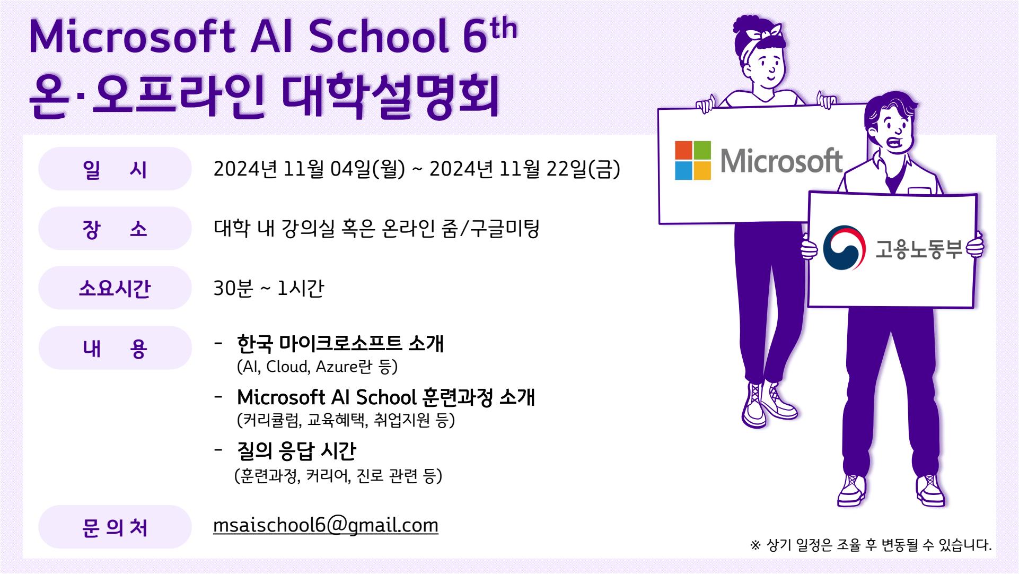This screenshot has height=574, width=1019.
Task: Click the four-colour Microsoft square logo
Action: click(692, 160)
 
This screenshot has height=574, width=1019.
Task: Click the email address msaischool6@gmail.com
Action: click(326, 525)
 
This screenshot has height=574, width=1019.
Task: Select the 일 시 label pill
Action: click(115, 169)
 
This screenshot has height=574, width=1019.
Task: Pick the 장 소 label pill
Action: click(115, 229)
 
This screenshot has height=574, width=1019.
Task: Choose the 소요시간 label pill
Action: click(115, 288)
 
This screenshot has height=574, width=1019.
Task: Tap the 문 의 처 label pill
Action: click(115, 527)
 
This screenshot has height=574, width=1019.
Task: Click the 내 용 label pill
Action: click(115, 348)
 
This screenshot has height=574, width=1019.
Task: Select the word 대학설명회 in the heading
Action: click(391, 97)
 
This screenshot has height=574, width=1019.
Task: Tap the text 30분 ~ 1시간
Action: click(268, 289)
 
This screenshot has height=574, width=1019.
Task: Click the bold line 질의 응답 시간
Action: click(296, 451)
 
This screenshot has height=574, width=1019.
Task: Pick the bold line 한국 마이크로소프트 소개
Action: click(340, 343)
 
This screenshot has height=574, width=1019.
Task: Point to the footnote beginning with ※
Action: click(871, 545)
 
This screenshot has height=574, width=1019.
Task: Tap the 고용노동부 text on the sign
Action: click(919, 249)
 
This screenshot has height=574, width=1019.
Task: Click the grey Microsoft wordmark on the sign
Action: click(781, 161)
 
